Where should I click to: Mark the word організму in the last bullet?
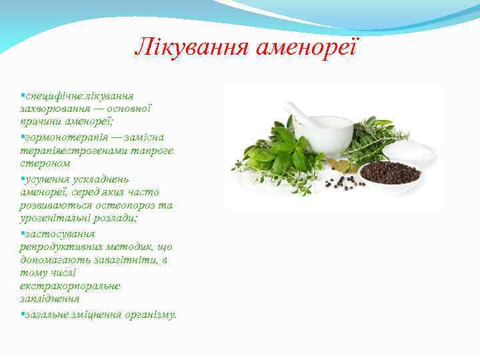(x=150, y=315)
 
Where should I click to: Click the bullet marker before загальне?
(x=22, y=313)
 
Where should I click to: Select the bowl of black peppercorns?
(x=390, y=173)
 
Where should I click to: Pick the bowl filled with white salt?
(x=410, y=150)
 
